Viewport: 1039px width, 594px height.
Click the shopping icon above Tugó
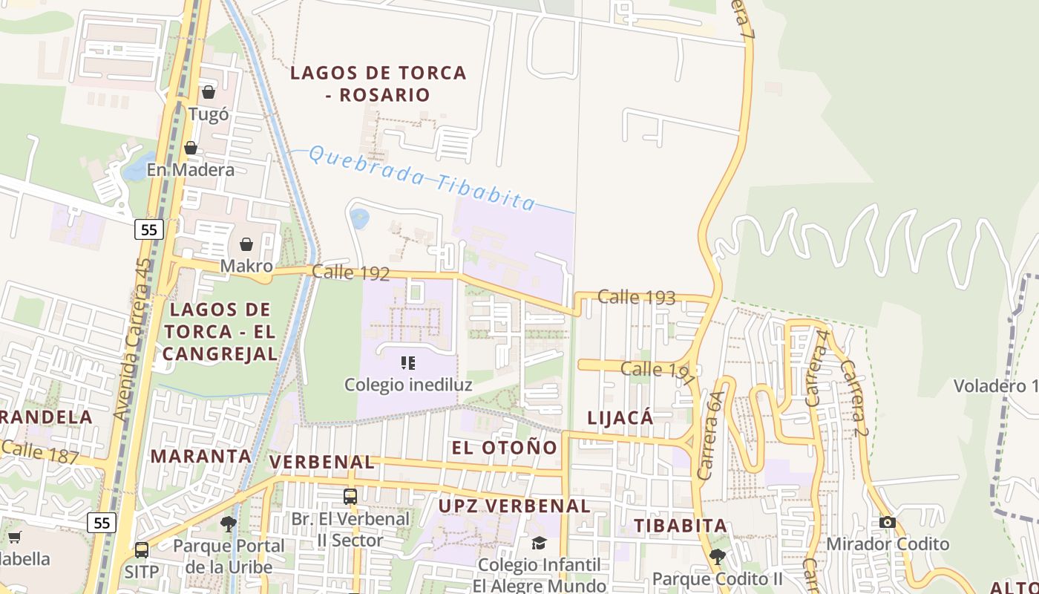pos(209,92)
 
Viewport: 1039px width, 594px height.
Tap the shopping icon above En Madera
pos(191,148)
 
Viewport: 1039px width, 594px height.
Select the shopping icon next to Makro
pos(246,244)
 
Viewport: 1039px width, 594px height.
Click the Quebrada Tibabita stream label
pos(421,177)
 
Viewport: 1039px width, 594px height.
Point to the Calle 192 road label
pos(350,272)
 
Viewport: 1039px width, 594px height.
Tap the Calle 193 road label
pos(636,298)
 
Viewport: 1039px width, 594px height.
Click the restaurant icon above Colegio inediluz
pos(407,363)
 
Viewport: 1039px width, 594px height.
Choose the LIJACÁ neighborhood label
pos(620,418)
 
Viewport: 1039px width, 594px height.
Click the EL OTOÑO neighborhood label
pos(504,448)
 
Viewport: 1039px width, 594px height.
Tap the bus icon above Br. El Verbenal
pos(350,496)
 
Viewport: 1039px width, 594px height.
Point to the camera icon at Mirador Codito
pos(887,522)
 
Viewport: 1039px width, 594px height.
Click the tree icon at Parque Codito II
pos(717,556)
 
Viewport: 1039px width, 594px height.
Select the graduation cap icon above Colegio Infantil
pos(539,544)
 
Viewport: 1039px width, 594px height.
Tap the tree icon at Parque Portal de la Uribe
pos(228,523)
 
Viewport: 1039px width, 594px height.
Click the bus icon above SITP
pos(141,550)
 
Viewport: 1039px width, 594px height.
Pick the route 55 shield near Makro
pos(148,229)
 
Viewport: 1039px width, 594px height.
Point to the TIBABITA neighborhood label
pos(680,526)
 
